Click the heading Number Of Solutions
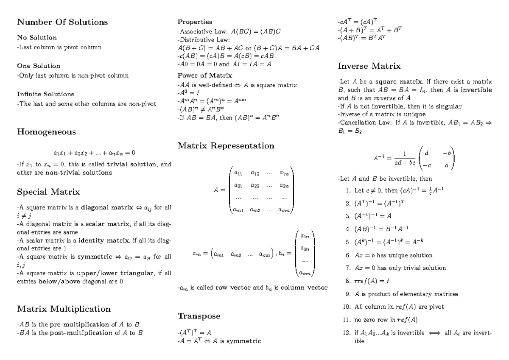pyautogui.click(x=62, y=22)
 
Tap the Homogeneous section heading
pyautogui.click(x=47, y=132)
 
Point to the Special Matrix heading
pyautogui.click(x=48, y=192)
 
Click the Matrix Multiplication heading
pyautogui.click(x=64, y=308)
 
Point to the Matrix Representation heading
pyautogui.click(x=226, y=146)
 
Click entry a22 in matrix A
pyautogui.click(x=256, y=185)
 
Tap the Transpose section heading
pyautogui.click(x=199, y=316)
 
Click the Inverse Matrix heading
pyautogui.click(x=369, y=66)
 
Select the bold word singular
pyautogui.click(x=449, y=106)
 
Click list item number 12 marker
pyautogui.click(x=347, y=333)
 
